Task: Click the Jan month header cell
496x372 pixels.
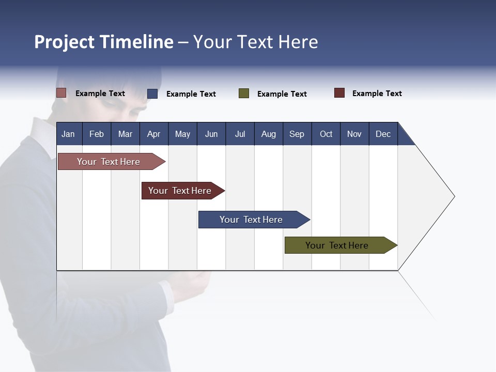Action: pos(68,134)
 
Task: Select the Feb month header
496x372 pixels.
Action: pos(97,134)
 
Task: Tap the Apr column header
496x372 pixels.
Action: pos(153,134)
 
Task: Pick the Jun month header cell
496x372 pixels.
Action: pos(211,134)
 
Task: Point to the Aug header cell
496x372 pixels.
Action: pos(268,134)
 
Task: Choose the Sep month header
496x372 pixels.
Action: pos(297,134)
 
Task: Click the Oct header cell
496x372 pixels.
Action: pos(326,134)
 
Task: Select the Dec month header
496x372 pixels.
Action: pos(383,134)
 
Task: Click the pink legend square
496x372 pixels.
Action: pos(61,93)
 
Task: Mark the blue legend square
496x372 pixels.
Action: pos(152,94)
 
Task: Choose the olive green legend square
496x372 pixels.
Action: pos(244,94)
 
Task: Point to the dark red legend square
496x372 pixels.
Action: pos(339,93)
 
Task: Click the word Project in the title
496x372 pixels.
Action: pos(65,42)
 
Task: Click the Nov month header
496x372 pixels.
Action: pos(354,134)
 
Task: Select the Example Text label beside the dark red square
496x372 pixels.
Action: pos(377,94)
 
